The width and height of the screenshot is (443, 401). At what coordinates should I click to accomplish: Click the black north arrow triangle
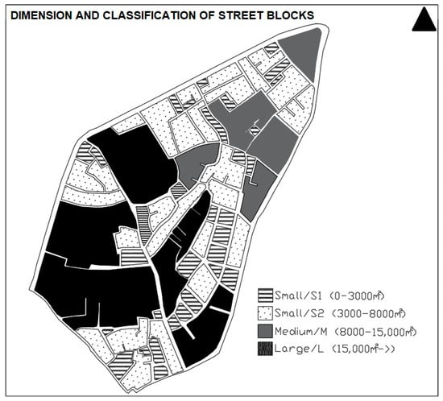424,21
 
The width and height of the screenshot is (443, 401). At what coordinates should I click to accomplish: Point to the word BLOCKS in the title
290,15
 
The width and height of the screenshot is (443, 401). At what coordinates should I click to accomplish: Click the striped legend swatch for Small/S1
265,296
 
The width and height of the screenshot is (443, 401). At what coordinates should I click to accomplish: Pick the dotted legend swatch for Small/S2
265,313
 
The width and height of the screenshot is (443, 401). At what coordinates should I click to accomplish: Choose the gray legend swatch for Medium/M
265,331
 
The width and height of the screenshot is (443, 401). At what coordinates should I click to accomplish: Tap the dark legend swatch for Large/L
265,349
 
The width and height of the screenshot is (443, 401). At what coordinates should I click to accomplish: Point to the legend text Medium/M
301,332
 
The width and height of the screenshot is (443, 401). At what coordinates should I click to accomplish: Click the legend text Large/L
299,349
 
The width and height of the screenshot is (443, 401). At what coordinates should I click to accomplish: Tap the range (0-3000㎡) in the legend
358,296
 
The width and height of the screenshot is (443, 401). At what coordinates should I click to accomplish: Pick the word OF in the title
209,15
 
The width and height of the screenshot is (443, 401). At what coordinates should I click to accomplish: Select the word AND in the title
87,15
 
